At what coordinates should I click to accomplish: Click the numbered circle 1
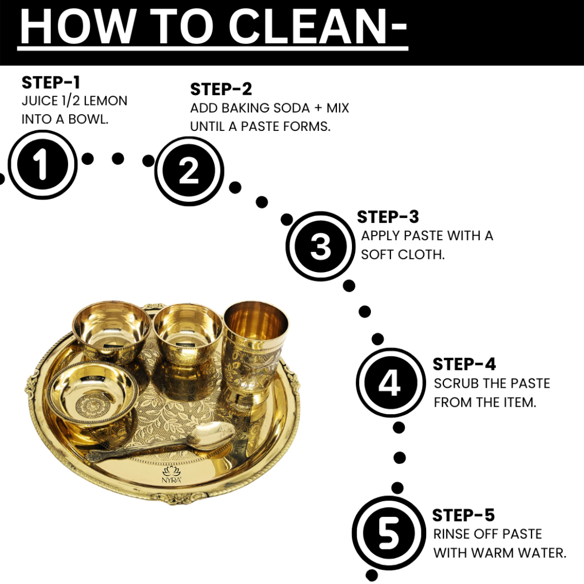(x=43, y=164)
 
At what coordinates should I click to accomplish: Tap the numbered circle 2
(x=189, y=171)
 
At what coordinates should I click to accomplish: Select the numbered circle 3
(x=320, y=246)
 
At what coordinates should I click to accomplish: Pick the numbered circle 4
(x=390, y=382)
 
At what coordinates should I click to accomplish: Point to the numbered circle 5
(x=389, y=533)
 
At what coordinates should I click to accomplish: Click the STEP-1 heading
(x=51, y=83)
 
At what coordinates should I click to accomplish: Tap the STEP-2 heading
(x=221, y=89)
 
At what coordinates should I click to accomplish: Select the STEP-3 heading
(x=388, y=217)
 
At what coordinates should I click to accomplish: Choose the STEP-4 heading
(x=464, y=364)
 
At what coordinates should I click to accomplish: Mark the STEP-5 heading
(x=463, y=515)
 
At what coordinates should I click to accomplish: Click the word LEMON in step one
(x=105, y=101)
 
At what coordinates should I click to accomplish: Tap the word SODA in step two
(x=291, y=108)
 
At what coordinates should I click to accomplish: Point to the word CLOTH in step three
(x=422, y=255)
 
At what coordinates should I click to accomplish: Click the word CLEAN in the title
(x=308, y=27)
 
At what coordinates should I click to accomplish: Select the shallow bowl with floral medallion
(x=93, y=393)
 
